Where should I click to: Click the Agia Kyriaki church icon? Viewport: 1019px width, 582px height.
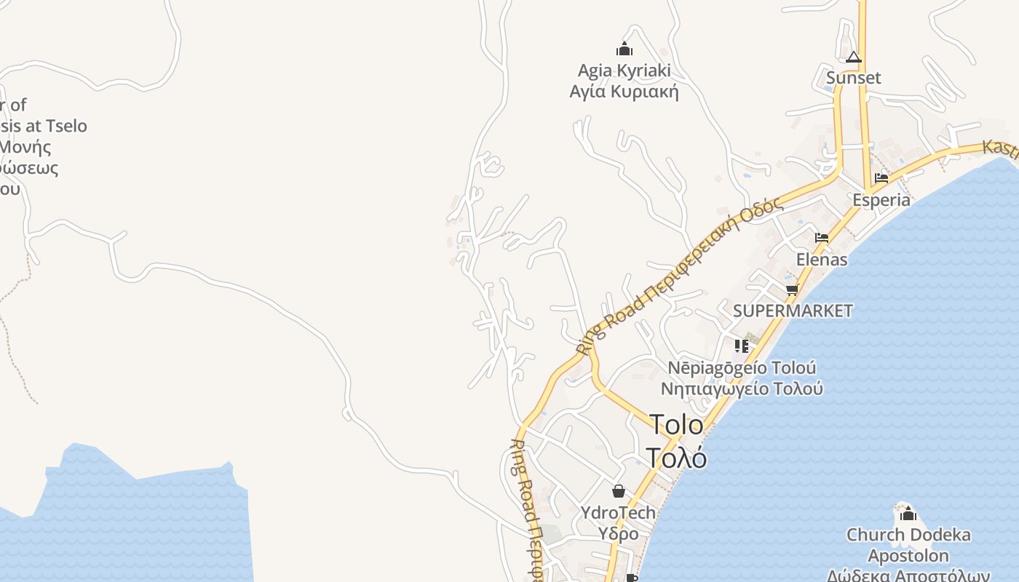(x=624, y=49)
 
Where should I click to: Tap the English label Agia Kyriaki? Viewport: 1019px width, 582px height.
(x=624, y=71)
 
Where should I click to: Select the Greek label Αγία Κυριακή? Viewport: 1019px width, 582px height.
(x=624, y=92)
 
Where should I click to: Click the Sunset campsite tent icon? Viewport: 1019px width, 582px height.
(x=854, y=57)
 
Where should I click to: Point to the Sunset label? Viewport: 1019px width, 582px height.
(x=854, y=78)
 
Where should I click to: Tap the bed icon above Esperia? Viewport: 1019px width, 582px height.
(x=881, y=178)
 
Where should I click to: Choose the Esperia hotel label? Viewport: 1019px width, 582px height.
(x=881, y=199)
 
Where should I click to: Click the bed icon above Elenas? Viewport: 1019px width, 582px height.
(x=822, y=237)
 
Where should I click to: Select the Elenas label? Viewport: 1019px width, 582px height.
(x=822, y=259)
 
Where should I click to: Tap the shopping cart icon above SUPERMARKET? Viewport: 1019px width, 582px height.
(x=792, y=290)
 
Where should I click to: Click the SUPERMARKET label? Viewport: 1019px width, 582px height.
(x=793, y=311)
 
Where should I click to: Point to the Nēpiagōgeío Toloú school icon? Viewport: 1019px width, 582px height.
(x=742, y=346)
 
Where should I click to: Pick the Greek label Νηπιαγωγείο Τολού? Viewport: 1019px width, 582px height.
(x=742, y=388)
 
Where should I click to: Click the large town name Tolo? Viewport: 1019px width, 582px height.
(x=676, y=425)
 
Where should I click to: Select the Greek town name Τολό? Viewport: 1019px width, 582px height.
(x=676, y=458)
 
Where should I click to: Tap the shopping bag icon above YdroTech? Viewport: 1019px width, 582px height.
(x=618, y=491)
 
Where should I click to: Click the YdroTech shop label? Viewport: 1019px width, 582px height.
(x=618, y=512)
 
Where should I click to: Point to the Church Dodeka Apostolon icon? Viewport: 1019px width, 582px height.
(x=908, y=514)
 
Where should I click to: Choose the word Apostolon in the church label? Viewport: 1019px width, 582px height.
(x=908, y=556)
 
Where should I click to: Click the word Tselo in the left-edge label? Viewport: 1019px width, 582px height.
(x=66, y=126)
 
